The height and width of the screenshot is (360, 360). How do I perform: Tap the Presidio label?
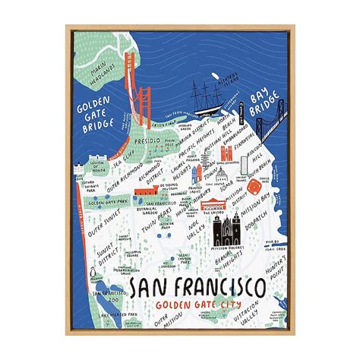(150, 140)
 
